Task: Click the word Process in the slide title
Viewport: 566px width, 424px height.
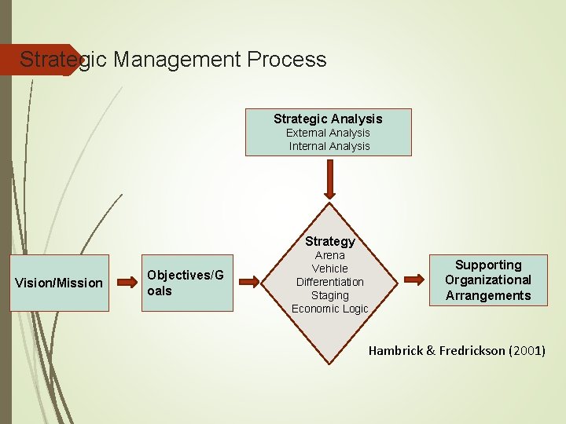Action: click(286, 60)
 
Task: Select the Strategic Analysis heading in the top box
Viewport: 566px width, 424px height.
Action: click(328, 119)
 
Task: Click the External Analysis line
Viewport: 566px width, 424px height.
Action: click(328, 133)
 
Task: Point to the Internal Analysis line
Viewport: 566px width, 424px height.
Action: click(329, 146)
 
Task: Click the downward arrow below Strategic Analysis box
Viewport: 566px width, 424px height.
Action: click(329, 180)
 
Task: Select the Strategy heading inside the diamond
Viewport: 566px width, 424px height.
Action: click(330, 241)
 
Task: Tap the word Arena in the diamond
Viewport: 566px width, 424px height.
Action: click(329, 255)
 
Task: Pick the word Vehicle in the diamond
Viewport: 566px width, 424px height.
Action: click(329, 269)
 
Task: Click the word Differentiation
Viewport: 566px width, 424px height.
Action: click(329, 282)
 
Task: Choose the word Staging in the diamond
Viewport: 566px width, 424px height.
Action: click(329, 295)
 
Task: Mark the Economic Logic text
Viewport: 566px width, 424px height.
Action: click(329, 309)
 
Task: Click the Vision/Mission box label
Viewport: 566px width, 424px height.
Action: click(59, 283)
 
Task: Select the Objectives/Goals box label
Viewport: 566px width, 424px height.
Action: click(185, 282)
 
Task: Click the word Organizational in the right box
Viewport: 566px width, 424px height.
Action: click(488, 280)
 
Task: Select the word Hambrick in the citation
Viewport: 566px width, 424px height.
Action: click(396, 351)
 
